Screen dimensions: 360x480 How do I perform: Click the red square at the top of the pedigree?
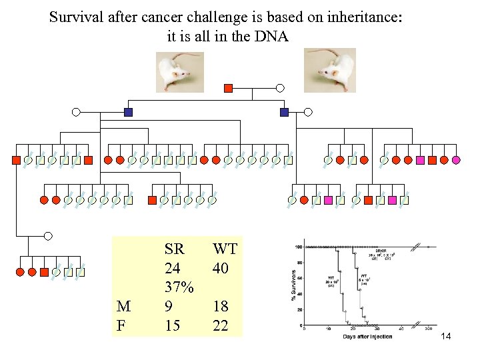click(x=229, y=88)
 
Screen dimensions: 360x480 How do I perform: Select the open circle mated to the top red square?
click(x=280, y=88)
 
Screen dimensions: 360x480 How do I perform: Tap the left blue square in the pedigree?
click(x=129, y=112)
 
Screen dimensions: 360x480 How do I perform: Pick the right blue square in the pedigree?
click(x=285, y=112)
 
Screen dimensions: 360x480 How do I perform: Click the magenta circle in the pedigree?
click(x=456, y=160)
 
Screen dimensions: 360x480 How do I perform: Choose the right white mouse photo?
click(x=329, y=71)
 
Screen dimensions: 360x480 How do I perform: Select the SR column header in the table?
click(x=174, y=249)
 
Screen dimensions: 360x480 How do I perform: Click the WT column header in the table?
click(x=225, y=249)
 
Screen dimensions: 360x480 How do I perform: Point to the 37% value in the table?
click(x=179, y=287)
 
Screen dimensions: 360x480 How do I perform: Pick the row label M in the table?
click(x=123, y=307)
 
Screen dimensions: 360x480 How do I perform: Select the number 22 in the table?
click(x=221, y=325)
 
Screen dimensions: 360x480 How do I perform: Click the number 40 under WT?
click(x=221, y=268)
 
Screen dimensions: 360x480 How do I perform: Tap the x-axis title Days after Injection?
click(x=367, y=336)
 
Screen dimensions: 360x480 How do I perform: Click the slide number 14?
click(x=446, y=337)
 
